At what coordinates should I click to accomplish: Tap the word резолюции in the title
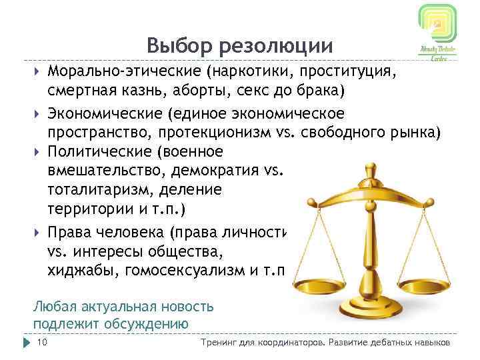pos(279,46)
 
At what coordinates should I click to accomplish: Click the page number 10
pos(43,343)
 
